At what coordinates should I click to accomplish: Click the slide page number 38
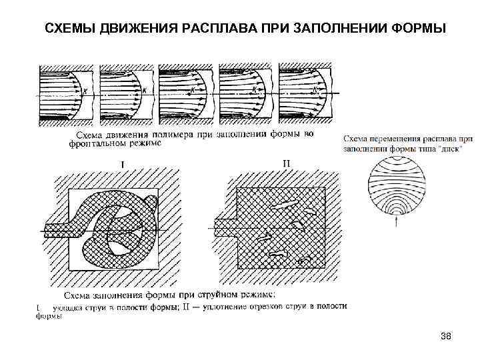click(x=446, y=338)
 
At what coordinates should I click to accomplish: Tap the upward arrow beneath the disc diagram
click(x=398, y=221)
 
